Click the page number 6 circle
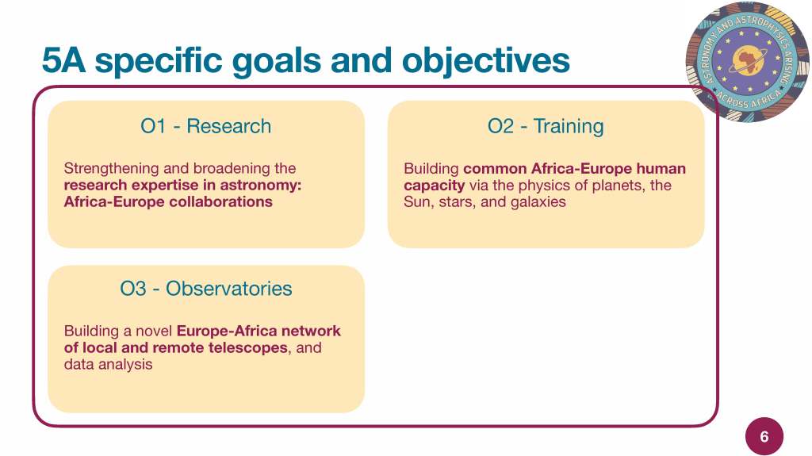click(764, 436)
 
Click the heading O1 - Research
click(205, 126)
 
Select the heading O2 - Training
click(546, 126)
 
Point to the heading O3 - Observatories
click(205, 289)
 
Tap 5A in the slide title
click(63, 60)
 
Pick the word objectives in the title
click(485, 61)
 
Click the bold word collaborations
click(220, 201)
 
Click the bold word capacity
click(434, 186)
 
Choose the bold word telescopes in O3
click(248, 347)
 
